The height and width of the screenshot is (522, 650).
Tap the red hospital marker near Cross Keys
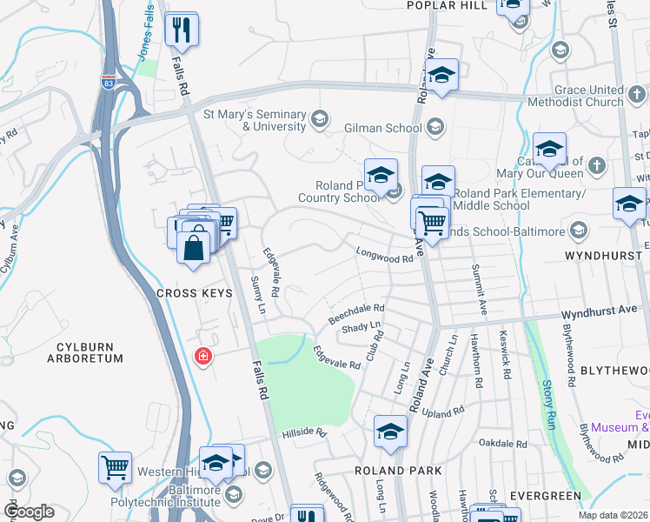click(x=203, y=357)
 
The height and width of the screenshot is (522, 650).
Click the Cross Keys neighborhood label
click(x=195, y=293)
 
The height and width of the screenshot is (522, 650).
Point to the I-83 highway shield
click(x=108, y=82)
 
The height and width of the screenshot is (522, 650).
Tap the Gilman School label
click(x=382, y=129)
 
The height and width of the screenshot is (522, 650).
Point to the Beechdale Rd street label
click(x=355, y=314)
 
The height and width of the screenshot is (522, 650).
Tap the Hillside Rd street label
click(x=303, y=432)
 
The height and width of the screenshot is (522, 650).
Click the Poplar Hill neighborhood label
click(x=447, y=5)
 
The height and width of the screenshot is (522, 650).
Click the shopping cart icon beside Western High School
click(x=115, y=468)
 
